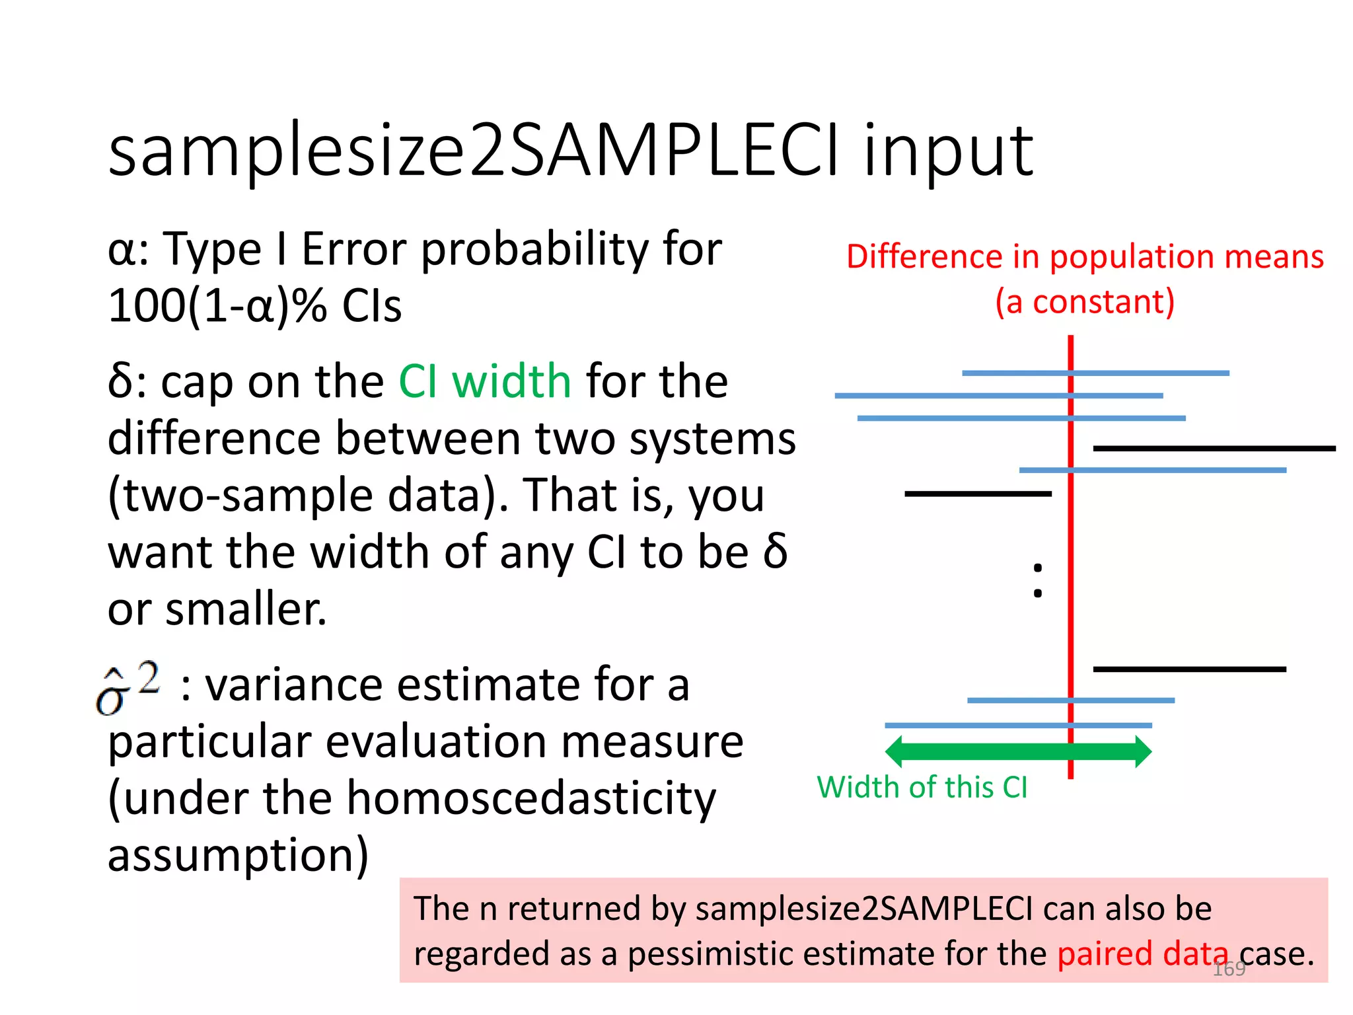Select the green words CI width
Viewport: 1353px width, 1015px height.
(x=485, y=381)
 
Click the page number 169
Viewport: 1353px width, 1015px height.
(x=1229, y=969)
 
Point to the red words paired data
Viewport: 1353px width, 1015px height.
(x=1142, y=954)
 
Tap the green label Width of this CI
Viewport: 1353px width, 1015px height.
(x=922, y=787)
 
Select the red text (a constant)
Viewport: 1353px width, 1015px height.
(x=1085, y=301)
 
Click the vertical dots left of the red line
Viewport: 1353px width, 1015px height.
(x=1038, y=580)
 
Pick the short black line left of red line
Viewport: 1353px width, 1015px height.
(x=978, y=494)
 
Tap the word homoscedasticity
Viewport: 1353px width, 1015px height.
(x=531, y=798)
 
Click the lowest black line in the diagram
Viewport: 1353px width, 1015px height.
(x=1189, y=669)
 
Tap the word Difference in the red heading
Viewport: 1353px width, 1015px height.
(x=924, y=256)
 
